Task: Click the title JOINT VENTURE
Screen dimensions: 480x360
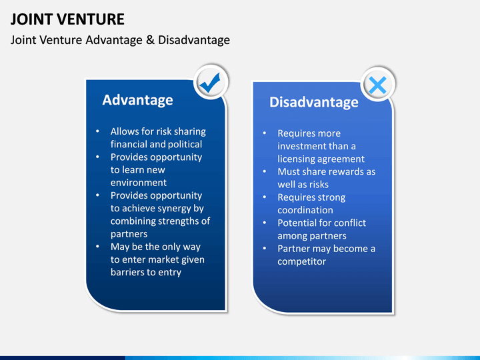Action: [67, 19]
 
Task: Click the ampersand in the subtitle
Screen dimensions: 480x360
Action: [150, 40]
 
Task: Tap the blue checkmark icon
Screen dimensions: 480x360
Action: [210, 83]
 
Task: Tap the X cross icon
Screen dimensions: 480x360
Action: [377, 85]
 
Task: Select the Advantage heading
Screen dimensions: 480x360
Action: [137, 100]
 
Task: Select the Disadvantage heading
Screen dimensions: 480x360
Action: [314, 102]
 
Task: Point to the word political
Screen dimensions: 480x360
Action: [184, 145]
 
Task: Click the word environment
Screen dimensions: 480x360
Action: [139, 183]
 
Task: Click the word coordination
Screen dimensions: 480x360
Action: [305, 210]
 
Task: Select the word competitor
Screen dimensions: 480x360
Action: [302, 262]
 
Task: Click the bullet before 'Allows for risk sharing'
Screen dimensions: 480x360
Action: [97, 131]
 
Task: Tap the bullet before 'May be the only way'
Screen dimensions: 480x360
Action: [97, 247]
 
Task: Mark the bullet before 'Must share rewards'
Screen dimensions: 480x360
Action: [265, 171]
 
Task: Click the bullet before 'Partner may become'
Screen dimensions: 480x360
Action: [265, 248]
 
